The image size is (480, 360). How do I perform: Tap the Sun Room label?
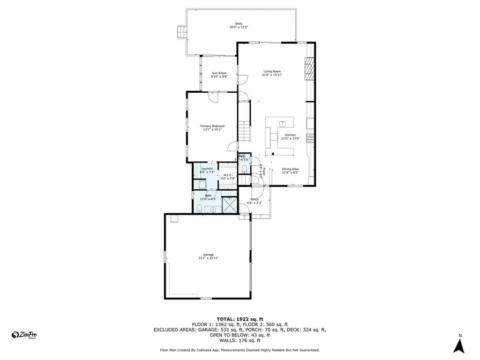coord(219,73)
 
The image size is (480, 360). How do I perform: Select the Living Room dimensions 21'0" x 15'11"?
coord(272,75)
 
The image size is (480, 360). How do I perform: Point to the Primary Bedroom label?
coord(212,126)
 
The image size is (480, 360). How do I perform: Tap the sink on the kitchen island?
coord(283,123)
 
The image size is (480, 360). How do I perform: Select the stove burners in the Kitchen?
coord(309,137)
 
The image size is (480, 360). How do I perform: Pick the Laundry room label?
coord(207,169)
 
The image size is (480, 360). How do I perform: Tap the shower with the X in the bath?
coord(229,204)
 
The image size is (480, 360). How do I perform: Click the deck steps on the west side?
coord(181,32)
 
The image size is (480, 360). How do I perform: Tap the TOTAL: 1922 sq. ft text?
coord(240,319)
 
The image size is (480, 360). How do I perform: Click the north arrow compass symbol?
coord(460,346)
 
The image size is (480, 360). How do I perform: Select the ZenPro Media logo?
coord(24,335)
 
